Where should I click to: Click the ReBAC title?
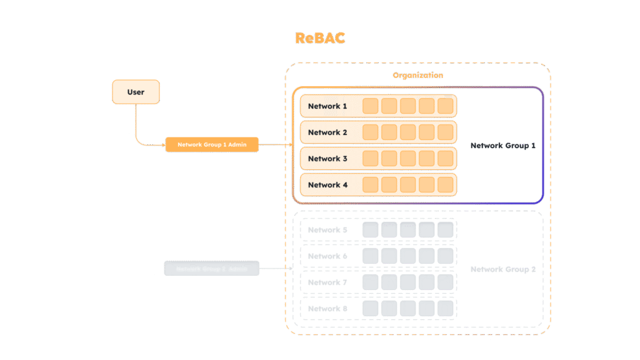pyautogui.click(x=319, y=37)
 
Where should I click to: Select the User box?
pyautogui.click(x=136, y=92)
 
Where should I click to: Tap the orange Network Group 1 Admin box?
pyautogui.click(x=211, y=145)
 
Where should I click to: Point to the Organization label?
pyautogui.click(x=417, y=75)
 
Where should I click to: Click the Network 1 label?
pyautogui.click(x=327, y=106)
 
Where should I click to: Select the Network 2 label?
pyautogui.click(x=327, y=132)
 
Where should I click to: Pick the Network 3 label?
pyautogui.click(x=327, y=159)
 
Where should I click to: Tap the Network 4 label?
pyautogui.click(x=327, y=185)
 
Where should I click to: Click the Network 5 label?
pyautogui.click(x=327, y=230)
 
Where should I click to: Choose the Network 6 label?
pyautogui.click(x=327, y=256)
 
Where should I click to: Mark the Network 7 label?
pyautogui.click(x=327, y=282)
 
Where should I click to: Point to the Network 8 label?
pyautogui.click(x=327, y=309)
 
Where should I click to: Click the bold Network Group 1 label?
pyautogui.click(x=503, y=146)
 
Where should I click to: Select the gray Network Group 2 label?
pyautogui.click(x=503, y=269)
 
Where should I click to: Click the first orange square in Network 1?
pyautogui.click(x=371, y=106)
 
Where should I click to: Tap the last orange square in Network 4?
pyautogui.click(x=445, y=185)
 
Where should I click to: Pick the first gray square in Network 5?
pyautogui.click(x=371, y=230)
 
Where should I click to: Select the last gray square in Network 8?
pyautogui.click(x=445, y=309)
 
